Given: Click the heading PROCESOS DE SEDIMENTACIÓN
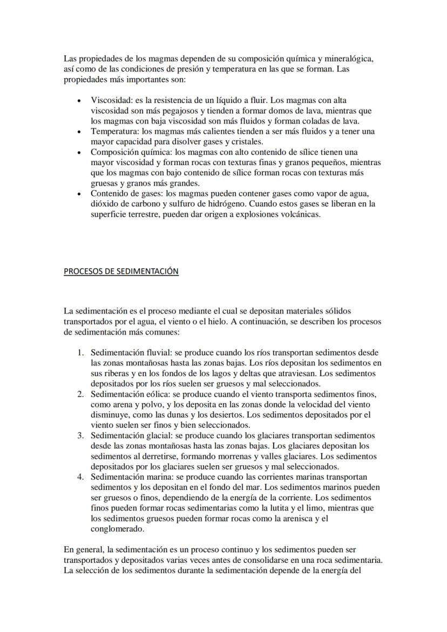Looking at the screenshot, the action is [x=121, y=271].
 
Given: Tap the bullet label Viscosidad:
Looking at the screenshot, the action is [x=111, y=100].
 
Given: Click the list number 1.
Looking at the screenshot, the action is [x=79, y=353].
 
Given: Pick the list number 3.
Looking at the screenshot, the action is [x=79, y=436].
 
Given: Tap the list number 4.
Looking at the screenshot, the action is [x=79, y=477].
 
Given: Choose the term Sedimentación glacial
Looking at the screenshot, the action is [x=130, y=436].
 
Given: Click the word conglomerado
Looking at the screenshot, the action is [x=117, y=529].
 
